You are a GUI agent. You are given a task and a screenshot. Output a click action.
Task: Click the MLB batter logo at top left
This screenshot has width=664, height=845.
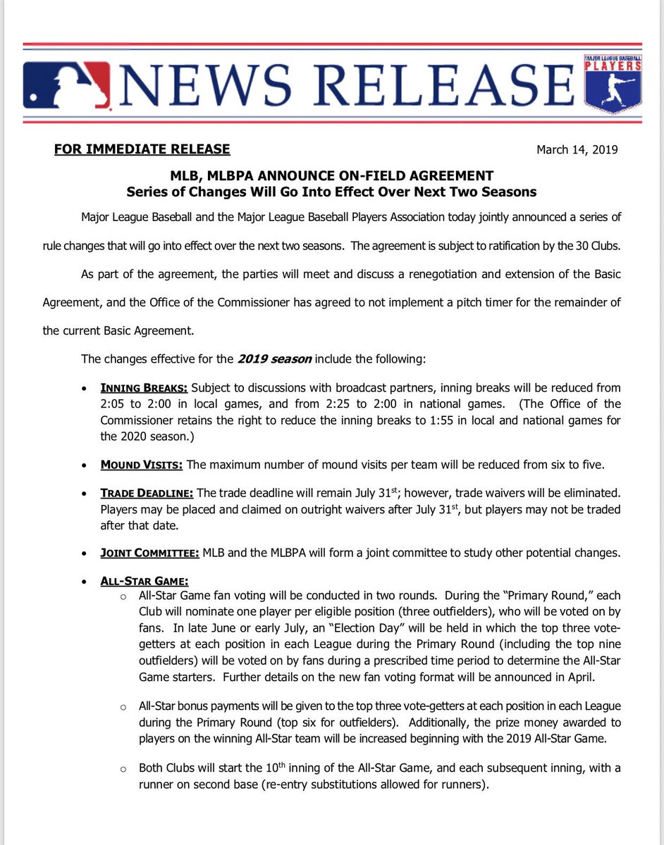67,85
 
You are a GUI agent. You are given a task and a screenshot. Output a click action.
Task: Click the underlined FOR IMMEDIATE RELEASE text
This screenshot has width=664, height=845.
142,149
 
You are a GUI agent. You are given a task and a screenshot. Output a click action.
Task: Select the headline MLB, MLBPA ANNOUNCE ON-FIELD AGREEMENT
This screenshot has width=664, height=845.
332,175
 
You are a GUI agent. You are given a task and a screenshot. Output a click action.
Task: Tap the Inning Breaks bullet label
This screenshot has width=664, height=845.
144,388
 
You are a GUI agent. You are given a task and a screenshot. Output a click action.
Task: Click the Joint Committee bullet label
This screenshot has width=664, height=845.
150,553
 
